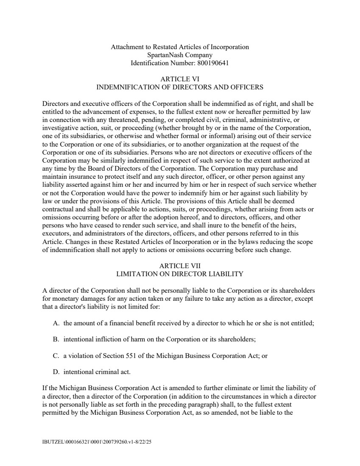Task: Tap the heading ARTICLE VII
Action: tap(180, 266)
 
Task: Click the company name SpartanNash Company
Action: tap(180, 55)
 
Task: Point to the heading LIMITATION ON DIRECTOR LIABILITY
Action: tap(180, 274)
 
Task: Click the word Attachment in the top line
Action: tap(126, 47)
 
